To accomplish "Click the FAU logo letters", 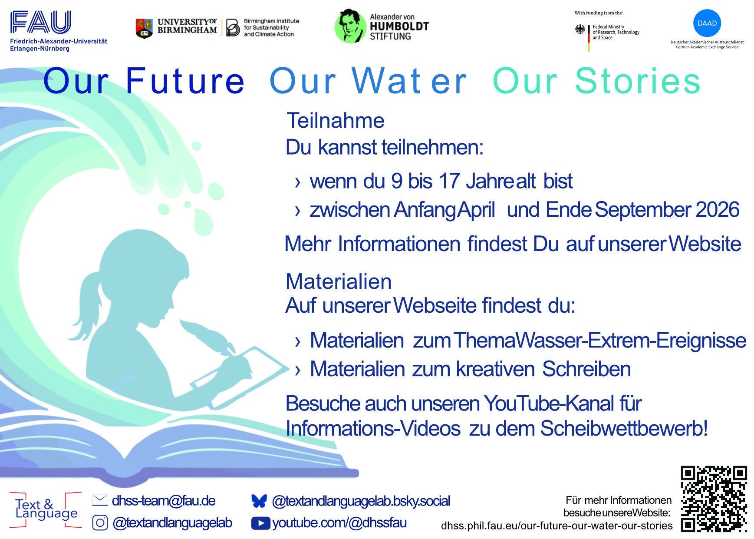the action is point(41,23).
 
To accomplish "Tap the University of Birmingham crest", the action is point(144,28).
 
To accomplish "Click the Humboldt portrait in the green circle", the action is point(349,26).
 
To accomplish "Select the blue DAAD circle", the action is point(707,23).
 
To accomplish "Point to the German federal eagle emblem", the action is point(580,29).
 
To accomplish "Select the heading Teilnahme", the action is point(336,120).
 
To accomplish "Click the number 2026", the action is point(718,209).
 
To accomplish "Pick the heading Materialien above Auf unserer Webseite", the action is point(339,281).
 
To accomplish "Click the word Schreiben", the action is point(586,369).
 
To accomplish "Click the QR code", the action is point(714,499).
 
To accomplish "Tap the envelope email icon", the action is point(100,500).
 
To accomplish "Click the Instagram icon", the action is point(100,522).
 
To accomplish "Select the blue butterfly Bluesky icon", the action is point(259,501).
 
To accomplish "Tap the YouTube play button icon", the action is point(260,523).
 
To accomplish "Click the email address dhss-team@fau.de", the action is point(164,501).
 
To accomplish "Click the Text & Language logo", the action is point(46,509).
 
